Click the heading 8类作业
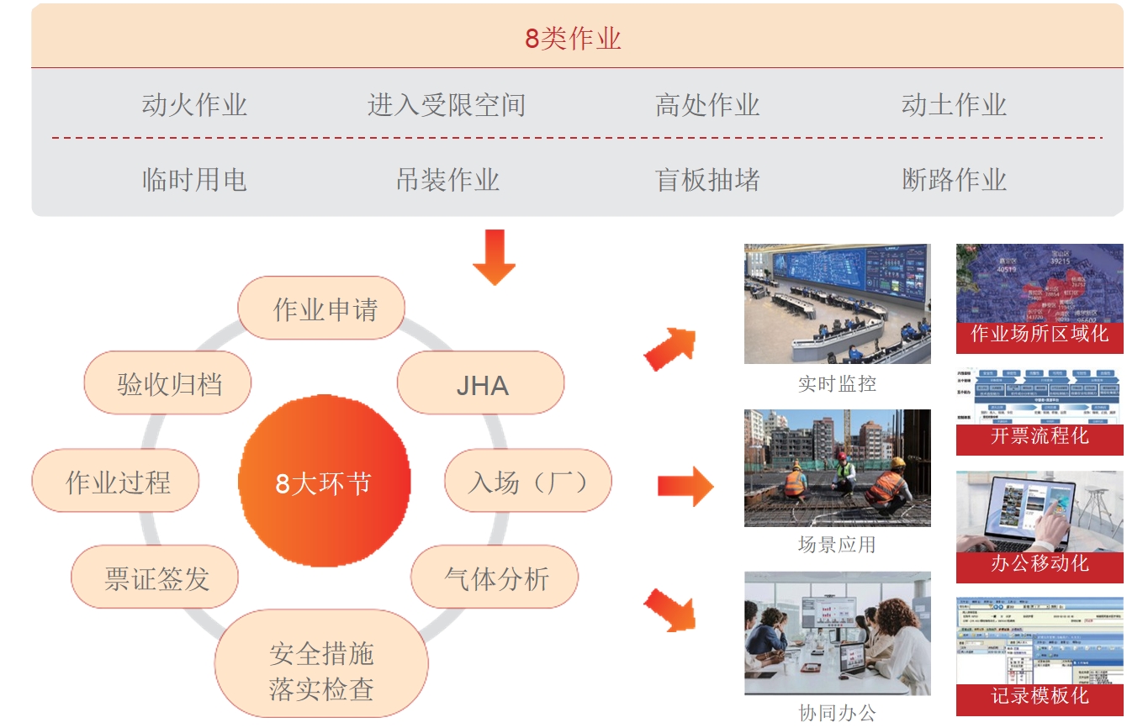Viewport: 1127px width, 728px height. click(573, 39)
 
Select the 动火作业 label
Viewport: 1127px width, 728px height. click(194, 105)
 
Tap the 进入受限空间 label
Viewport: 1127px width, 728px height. click(447, 105)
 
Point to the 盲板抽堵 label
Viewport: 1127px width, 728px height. click(707, 180)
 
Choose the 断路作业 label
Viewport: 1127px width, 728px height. click(954, 180)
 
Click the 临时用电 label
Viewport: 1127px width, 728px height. click(194, 180)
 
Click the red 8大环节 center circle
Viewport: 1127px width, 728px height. click(325, 483)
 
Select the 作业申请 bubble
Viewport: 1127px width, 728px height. click(325, 309)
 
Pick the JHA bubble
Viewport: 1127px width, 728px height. click(482, 385)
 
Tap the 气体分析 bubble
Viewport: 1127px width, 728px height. click(496, 578)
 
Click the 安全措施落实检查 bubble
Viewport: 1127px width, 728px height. click(321, 671)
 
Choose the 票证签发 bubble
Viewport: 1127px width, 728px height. click(156, 578)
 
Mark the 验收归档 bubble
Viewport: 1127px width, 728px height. click(169, 385)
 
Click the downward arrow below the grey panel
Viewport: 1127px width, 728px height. click(494, 256)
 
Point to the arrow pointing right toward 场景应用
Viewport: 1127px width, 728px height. click(685, 485)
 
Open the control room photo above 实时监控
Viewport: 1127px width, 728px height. click(837, 303)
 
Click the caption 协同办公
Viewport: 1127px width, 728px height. click(837, 713)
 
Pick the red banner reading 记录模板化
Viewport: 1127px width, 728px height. click(1040, 697)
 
